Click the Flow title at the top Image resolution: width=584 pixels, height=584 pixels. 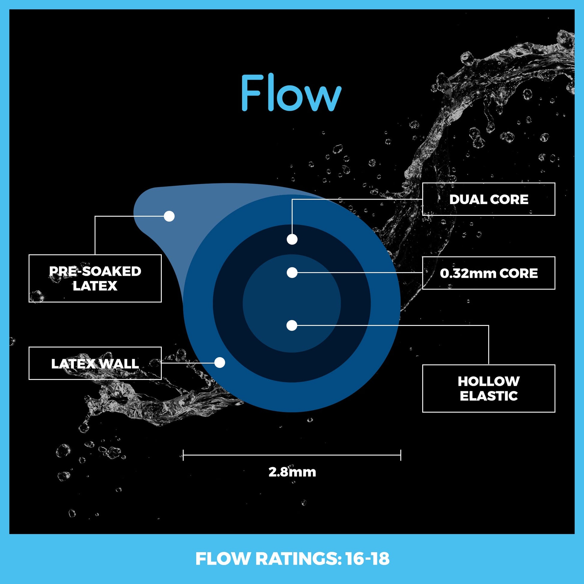(291, 93)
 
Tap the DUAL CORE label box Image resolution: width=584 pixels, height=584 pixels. (489, 199)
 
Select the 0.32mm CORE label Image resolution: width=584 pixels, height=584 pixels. (489, 273)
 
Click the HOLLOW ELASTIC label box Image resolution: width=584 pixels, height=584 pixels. (489, 388)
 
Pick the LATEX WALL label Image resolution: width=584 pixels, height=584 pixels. (95, 363)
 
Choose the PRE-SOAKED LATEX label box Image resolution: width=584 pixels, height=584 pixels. (95, 278)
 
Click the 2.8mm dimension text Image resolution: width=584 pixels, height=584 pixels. (292, 472)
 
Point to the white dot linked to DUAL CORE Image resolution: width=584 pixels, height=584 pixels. (292, 239)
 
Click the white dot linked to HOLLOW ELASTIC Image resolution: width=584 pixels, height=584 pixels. (292, 326)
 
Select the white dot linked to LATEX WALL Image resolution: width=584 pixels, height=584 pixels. (220, 363)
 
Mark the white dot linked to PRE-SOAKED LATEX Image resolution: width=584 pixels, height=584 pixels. (169, 216)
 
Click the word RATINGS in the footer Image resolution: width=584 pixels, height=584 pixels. (297, 559)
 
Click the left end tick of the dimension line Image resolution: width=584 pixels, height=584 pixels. (183, 455)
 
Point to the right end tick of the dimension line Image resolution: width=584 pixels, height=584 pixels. (401, 455)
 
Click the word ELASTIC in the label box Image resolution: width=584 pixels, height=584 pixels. (489, 396)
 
